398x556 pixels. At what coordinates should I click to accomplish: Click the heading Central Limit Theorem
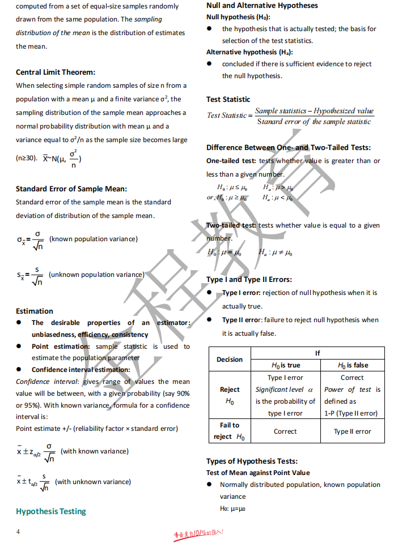point(56,72)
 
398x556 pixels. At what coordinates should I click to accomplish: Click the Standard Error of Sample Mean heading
point(71,189)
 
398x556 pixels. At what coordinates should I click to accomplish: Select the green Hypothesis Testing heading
point(51,511)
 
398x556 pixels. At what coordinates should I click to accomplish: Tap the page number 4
point(18,532)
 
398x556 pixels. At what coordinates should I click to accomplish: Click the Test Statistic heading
point(228,99)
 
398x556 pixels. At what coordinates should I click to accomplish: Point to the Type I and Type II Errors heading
point(249,279)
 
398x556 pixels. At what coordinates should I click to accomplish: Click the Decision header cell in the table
point(230,360)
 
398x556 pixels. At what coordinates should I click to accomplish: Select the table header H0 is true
point(286,365)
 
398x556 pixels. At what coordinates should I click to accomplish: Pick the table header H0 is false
point(353,365)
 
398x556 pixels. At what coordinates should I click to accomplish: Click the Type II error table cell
point(353,431)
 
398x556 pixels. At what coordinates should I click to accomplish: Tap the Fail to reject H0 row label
point(230,431)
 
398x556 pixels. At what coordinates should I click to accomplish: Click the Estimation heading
point(35,311)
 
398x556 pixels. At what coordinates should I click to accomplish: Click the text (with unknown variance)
point(93,482)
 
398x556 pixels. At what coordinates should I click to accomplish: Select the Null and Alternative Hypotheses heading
point(262,6)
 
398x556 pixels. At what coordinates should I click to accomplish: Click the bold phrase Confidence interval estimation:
point(81,370)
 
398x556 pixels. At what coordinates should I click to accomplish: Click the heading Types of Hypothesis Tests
point(252,461)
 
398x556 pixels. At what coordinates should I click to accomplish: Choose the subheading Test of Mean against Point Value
point(258,473)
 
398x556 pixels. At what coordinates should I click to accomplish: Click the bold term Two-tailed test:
point(231,225)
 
